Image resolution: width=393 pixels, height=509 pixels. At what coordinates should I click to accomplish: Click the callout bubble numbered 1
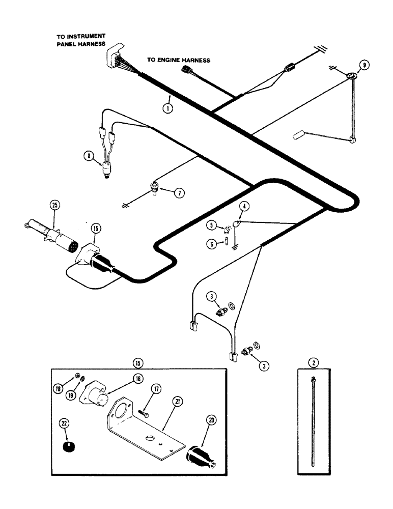pos(166,108)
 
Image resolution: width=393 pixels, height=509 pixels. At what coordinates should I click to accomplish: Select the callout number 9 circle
pos(363,65)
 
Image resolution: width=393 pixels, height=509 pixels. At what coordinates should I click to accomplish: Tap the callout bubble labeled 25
pos(54,206)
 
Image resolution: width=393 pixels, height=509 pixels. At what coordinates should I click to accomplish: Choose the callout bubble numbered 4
pos(245,207)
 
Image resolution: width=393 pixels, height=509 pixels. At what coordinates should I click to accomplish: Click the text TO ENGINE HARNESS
pos(179,60)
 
